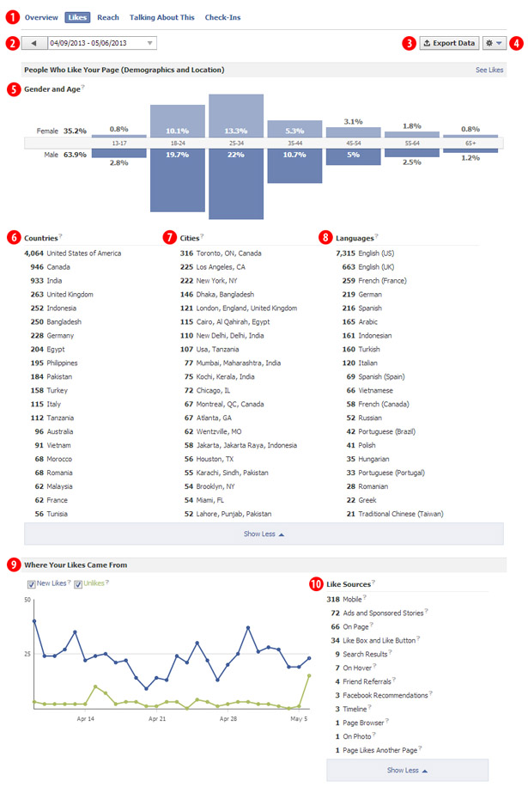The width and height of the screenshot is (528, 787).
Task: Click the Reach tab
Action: point(108,17)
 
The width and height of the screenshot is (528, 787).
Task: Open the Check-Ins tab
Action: point(222,17)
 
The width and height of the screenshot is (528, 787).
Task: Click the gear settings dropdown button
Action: point(495,43)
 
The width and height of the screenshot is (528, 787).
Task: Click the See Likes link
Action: point(489,70)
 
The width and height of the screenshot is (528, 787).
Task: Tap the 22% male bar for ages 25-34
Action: point(236,183)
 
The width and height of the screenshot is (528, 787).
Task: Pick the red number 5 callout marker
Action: point(13,88)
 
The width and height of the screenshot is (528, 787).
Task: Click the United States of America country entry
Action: point(83,253)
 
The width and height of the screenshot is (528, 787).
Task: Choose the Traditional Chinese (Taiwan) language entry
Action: point(393,514)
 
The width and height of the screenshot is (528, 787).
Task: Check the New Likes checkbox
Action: point(32,584)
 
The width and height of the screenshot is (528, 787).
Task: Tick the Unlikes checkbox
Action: point(78,584)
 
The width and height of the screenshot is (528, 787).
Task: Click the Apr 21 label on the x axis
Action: point(157,717)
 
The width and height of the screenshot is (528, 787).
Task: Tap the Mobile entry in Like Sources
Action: point(352,599)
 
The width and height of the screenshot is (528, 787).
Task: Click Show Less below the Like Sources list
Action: point(407,770)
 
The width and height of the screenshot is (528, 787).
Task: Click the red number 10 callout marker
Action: point(317,584)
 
